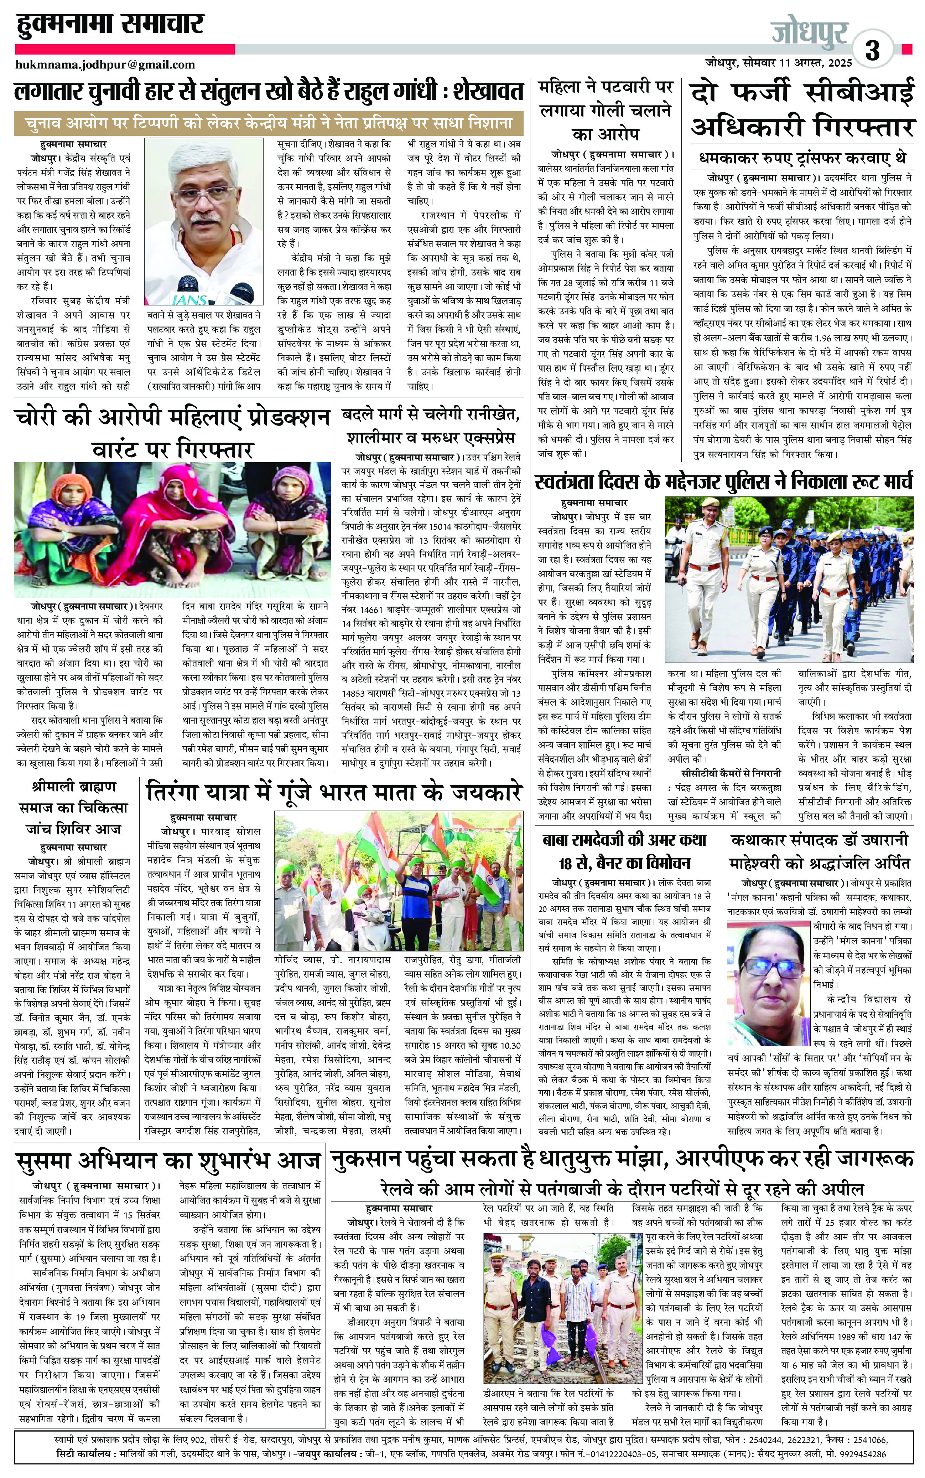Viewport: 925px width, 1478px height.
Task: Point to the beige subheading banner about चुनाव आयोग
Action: (269, 123)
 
